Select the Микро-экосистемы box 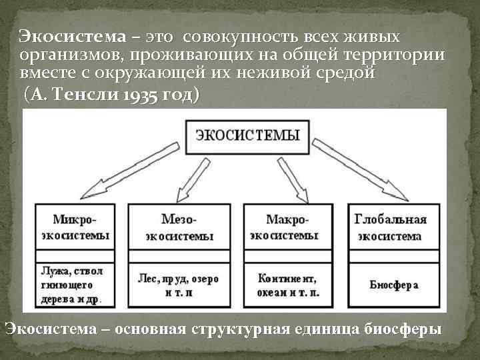75,227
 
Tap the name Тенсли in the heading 90,95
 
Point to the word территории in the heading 397,55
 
